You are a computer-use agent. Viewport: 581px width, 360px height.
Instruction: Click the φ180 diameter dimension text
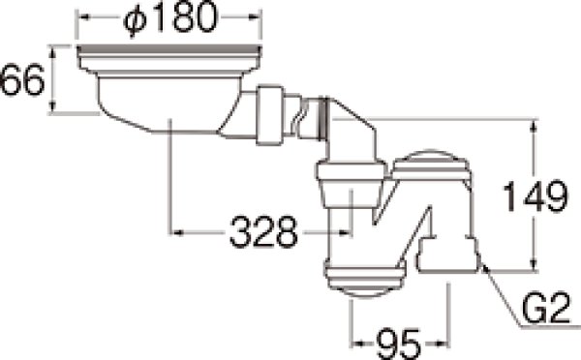(169, 17)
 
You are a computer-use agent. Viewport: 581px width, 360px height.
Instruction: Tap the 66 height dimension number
(22, 79)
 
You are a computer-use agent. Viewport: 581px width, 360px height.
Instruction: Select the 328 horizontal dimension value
(263, 232)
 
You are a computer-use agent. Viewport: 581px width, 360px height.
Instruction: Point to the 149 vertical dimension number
(535, 195)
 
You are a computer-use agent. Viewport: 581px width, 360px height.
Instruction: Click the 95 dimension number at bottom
(398, 344)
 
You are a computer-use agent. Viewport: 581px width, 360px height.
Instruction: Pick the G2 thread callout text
(545, 307)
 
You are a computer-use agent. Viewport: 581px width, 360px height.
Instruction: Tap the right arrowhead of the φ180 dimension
(255, 17)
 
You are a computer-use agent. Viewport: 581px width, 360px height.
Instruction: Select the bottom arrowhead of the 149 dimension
(534, 265)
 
